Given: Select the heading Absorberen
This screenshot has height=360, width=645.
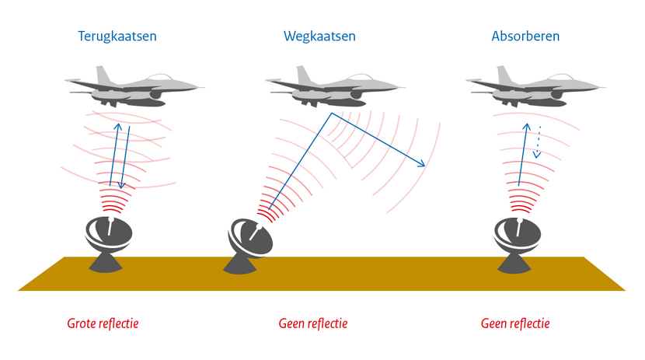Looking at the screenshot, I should tap(525, 37).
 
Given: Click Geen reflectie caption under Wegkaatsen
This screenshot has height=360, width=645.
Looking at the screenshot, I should tap(312, 323).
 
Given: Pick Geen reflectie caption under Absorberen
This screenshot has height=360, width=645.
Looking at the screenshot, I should tap(515, 323).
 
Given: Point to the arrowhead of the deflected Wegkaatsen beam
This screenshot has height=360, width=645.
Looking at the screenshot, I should tap(423, 164).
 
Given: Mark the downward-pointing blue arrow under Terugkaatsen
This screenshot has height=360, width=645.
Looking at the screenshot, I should tap(123, 183).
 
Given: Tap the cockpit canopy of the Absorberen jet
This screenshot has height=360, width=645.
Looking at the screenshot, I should tap(556, 79).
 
